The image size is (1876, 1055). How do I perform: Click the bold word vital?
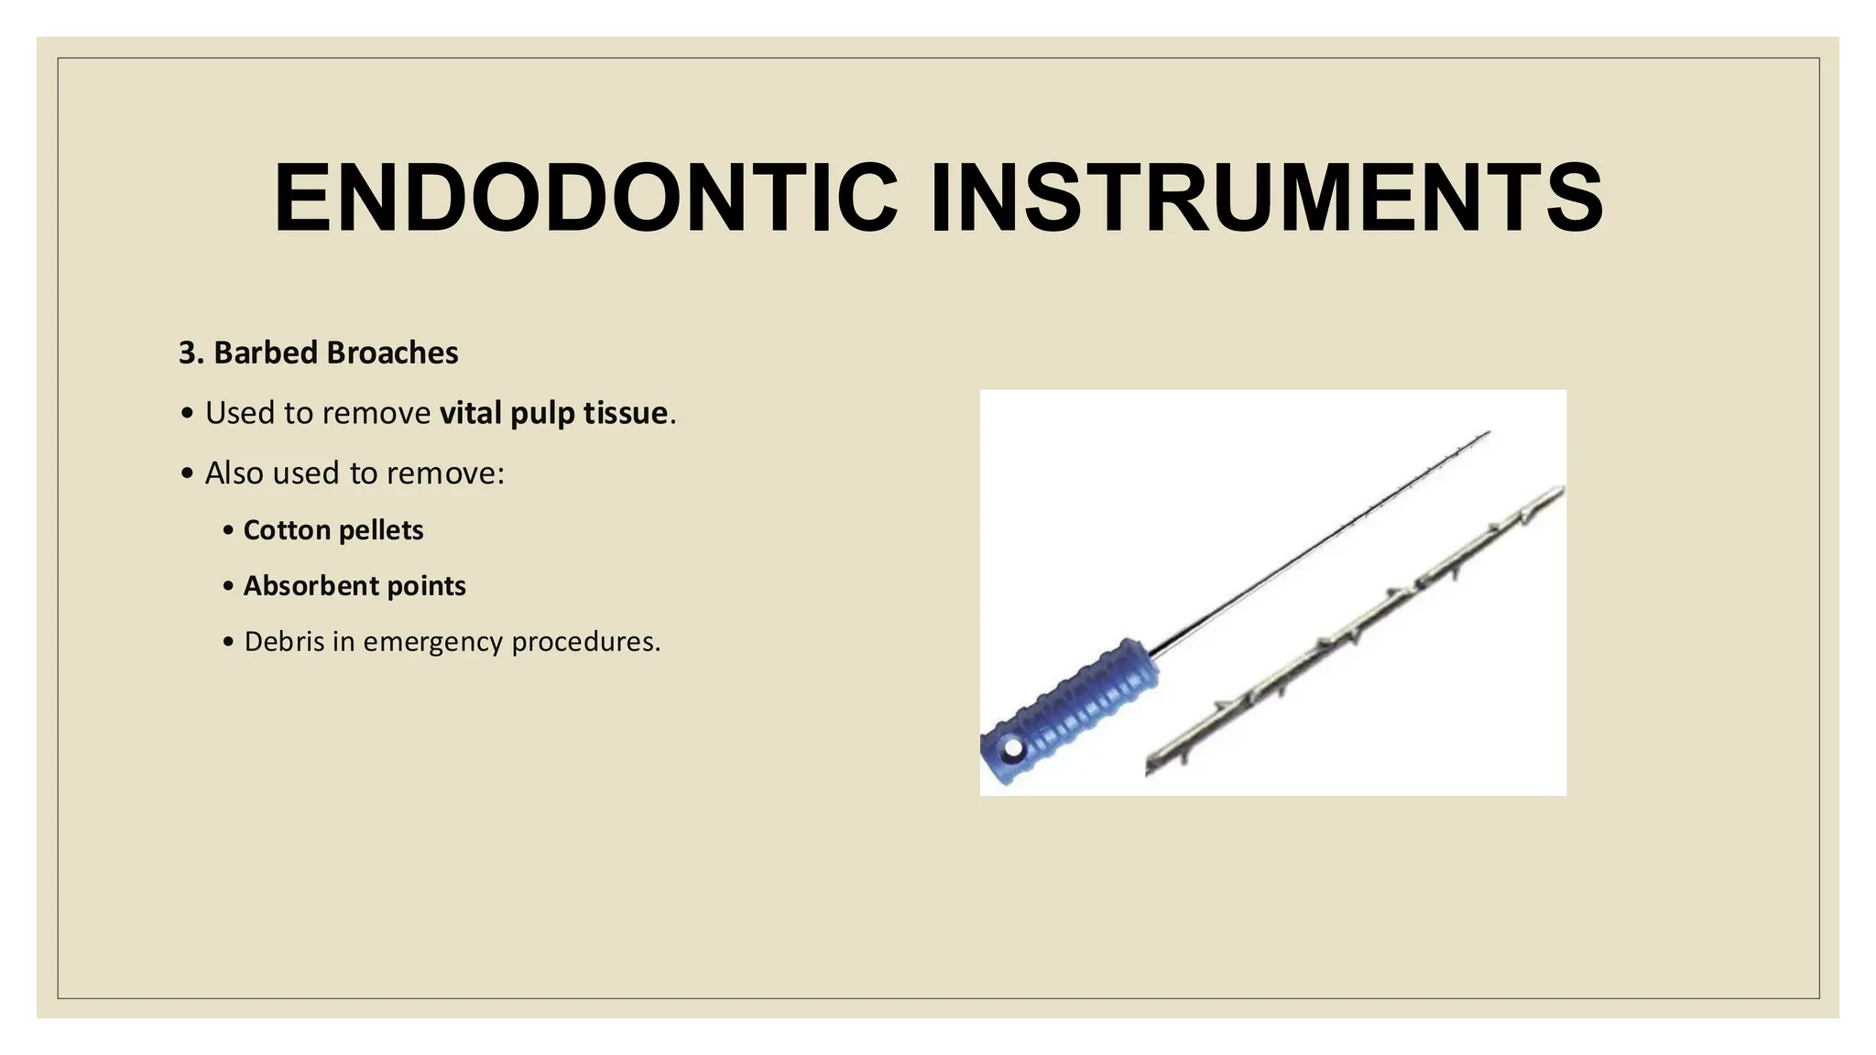tap(471, 413)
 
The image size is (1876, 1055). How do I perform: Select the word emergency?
tap(432, 643)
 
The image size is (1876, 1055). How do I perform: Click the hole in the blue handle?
tap(1012, 749)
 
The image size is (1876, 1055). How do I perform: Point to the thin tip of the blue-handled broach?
tap(1484, 435)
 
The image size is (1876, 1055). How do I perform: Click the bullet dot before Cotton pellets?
tap(228, 531)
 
